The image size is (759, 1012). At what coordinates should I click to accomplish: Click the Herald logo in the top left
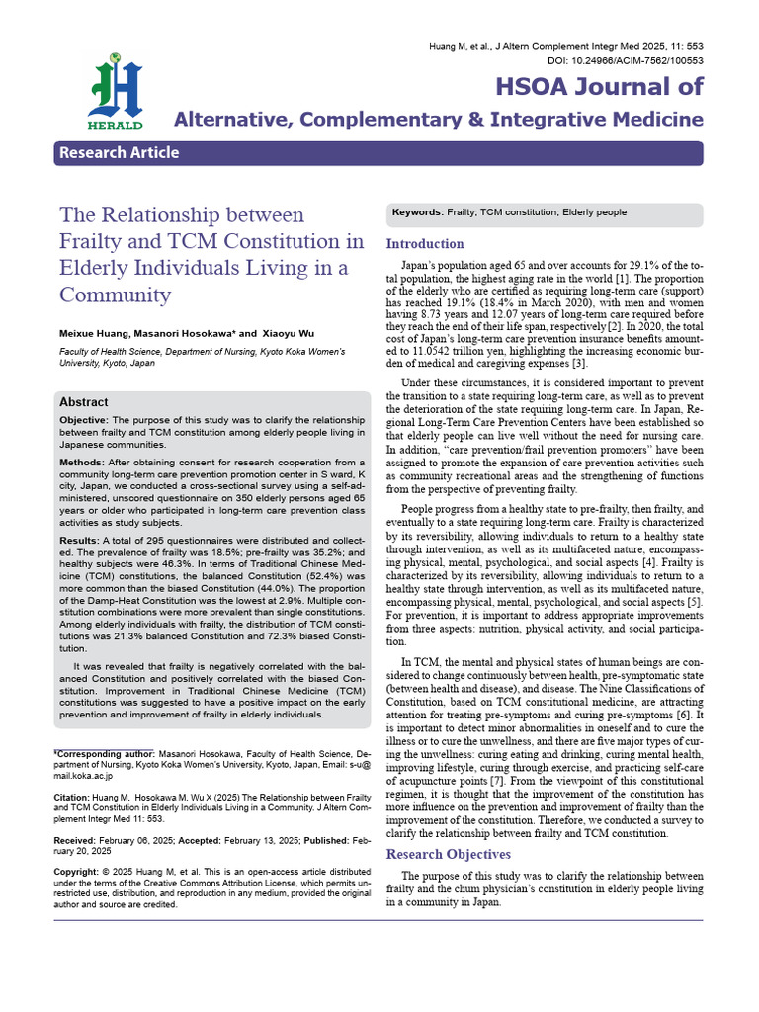pyautogui.click(x=117, y=91)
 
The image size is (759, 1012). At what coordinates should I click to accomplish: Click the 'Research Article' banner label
pyautogui.click(x=119, y=152)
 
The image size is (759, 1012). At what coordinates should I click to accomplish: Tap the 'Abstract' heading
pyautogui.click(x=84, y=402)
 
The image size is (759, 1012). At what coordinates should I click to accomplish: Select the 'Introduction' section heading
pyautogui.click(x=424, y=244)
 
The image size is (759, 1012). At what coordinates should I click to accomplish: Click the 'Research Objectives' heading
pyautogui.click(x=448, y=854)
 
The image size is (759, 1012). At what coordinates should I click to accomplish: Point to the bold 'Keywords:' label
pyautogui.click(x=418, y=212)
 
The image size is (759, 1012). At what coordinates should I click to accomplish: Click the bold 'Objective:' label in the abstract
pyautogui.click(x=87, y=422)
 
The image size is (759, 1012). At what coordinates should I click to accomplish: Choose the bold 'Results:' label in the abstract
pyautogui.click(x=80, y=541)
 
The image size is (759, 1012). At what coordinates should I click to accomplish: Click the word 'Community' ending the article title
pyautogui.click(x=115, y=295)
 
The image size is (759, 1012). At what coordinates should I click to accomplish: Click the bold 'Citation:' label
pyautogui.click(x=71, y=796)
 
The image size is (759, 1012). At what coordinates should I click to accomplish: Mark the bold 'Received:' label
pyautogui.click(x=76, y=839)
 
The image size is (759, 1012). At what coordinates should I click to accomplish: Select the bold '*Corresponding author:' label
pyautogui.click(x=97, y=753)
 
